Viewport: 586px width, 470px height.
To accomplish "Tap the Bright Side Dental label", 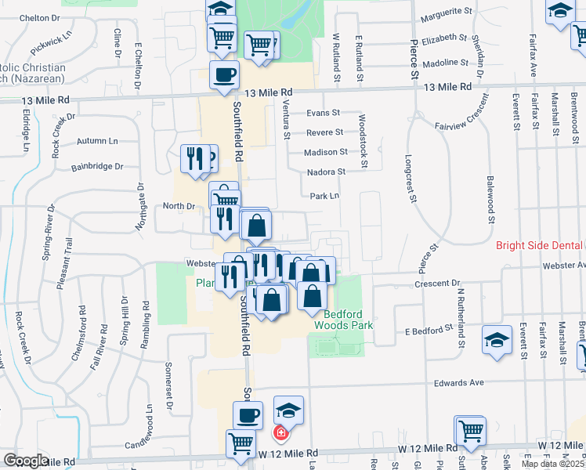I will (539, 245).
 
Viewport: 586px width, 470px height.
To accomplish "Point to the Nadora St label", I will (327, 172).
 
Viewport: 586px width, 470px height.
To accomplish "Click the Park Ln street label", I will (324, 196).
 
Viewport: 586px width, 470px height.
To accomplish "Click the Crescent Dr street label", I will (443, 283).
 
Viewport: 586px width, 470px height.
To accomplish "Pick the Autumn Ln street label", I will (96, 141).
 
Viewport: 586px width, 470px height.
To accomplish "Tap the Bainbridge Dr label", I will (98, 166).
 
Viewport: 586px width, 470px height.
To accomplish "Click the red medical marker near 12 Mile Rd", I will (280, 432).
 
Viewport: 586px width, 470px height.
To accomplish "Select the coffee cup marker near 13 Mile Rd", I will (224, 74).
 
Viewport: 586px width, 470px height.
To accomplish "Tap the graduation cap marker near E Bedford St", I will (497, 339).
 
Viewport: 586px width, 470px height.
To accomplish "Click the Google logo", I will (26, 461).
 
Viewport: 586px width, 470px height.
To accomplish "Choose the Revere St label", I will (324, 132).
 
